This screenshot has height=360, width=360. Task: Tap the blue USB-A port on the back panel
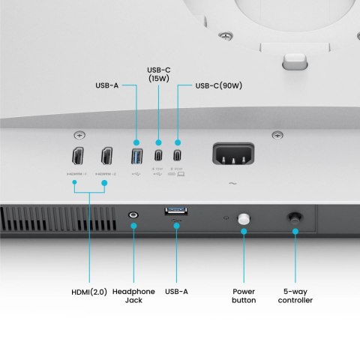click(x=137, y=157)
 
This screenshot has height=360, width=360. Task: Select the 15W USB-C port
click(x=158, y=157)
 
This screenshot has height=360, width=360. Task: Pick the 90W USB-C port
click(x=178, y=157)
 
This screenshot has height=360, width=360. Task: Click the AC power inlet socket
click(x=232, y=157)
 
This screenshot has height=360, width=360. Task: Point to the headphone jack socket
click(x=133, y=216)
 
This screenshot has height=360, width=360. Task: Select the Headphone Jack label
click(x=133, y=295)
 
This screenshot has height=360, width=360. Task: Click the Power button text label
click(x=244, y=295)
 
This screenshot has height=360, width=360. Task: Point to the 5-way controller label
click(x=295, y=295)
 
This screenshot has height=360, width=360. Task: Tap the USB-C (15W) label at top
click(x=158, y=73)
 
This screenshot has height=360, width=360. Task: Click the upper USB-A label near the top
click(x=107, y=85)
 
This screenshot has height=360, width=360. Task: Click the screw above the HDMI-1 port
click(x=79, y=135)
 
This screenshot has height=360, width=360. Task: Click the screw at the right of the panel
click(x=277, y=135)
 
